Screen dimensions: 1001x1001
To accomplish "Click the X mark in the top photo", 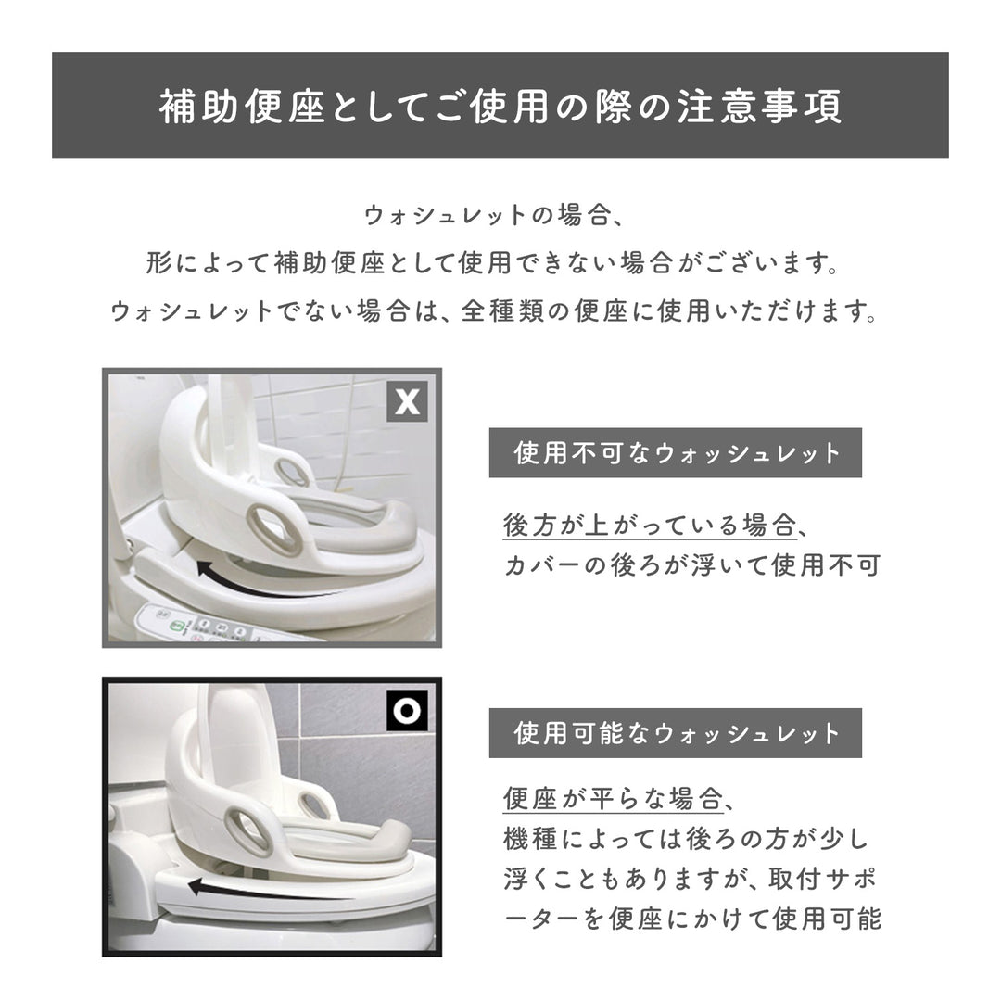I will [x=407, y=401].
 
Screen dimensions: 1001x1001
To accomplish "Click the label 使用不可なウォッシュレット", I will [x=676, y=453].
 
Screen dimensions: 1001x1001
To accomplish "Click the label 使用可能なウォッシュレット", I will [x=676, y=733].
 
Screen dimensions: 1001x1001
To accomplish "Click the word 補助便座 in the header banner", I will [x=242, y=106].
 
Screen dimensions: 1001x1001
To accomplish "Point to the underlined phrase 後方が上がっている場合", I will [x=648, y=526].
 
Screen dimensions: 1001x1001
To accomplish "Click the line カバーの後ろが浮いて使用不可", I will [x=691, y=565].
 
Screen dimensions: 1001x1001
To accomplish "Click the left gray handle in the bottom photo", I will [x=247, y=829].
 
